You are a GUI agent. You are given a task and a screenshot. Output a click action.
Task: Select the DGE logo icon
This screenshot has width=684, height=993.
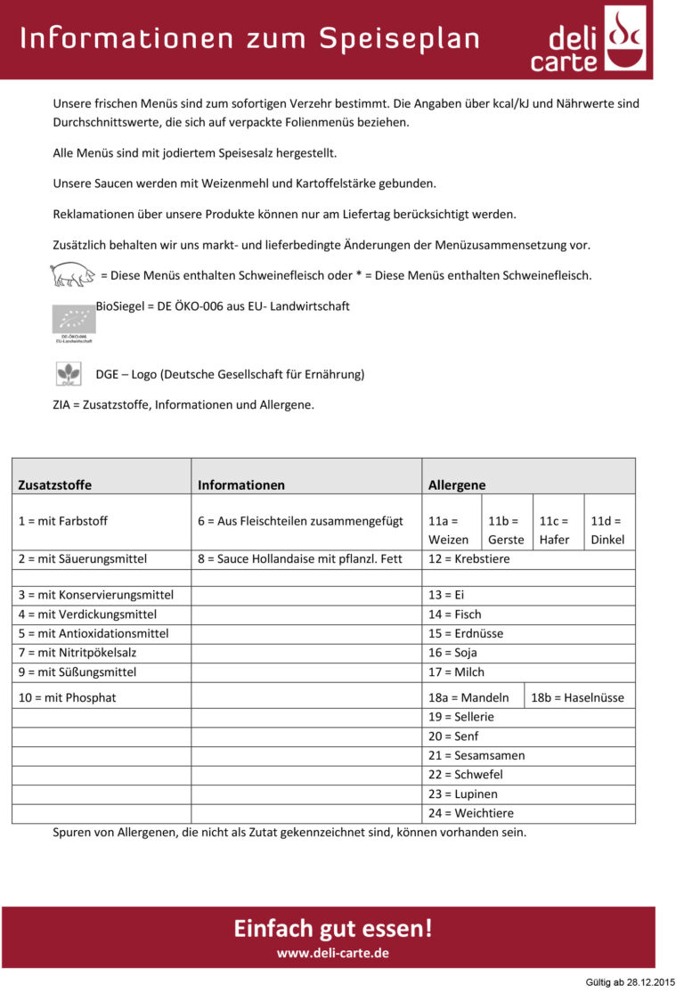(x=69, y=374)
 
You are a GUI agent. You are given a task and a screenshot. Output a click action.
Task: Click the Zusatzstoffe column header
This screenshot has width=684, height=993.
(x=55, y=485)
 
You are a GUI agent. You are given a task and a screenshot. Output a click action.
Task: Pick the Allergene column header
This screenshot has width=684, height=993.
(x=457, y=485)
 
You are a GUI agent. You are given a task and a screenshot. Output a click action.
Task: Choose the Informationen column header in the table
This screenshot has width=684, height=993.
(x=241, y=485)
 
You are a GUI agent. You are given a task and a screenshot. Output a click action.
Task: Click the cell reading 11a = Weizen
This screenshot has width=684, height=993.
(x=448, y=530)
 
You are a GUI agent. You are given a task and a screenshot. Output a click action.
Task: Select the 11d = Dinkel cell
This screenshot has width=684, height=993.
(x=607, y=530)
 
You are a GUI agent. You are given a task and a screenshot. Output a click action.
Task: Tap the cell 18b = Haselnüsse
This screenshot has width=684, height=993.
(x=577, y=697)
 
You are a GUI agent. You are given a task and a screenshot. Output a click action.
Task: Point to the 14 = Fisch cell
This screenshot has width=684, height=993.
(x=455, y=614)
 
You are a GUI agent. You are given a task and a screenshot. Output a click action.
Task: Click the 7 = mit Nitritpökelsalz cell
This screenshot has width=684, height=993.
(x=77, y=653)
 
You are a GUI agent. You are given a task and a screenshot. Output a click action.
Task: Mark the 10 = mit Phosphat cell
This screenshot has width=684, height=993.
(x=68, y=697)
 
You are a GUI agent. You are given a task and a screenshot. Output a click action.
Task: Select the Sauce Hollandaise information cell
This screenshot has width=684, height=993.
(x=300, y=559)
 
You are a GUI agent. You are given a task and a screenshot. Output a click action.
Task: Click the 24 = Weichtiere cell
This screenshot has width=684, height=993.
(x=471, y=813)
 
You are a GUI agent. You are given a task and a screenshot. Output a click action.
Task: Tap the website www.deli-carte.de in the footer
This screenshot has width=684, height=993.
(x=332, y=953)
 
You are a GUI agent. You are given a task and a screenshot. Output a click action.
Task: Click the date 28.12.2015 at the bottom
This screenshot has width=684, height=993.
(x=650, y=981)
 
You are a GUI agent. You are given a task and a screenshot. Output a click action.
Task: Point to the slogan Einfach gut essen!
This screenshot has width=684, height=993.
(x=332, y=928)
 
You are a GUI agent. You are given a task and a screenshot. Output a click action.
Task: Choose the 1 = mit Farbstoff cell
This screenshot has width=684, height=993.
(x=63, y=521)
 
